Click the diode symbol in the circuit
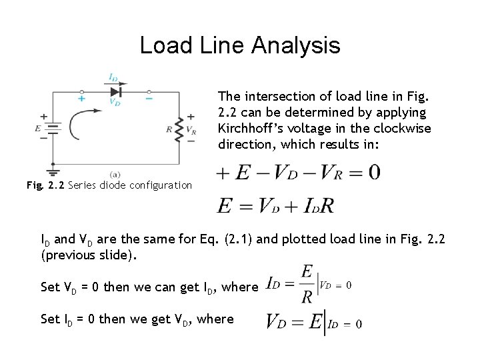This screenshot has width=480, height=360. pyautogui.click(x=116, y=91)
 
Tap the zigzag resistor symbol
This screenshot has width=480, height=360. pyautogui.click(x=179, y=130)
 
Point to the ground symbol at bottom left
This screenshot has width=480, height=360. pyautogui.click(x=52, y=169)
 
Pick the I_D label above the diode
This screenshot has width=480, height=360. pyautogui.click(x=114, y=78)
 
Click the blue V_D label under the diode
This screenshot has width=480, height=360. pyautogui.click(x=115, y=103)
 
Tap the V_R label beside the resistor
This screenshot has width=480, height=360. pyautogui.click(x=191, y=130)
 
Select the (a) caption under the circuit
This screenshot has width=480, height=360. pyautogui.click(x=115, y=174)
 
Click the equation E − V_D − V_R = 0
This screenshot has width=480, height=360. pyautogui.click(x=298, y=173)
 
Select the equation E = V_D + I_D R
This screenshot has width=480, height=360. pyautogui.click(x=275, y=206)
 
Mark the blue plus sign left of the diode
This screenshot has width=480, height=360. pyautogui.click(x=81, y=98)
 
